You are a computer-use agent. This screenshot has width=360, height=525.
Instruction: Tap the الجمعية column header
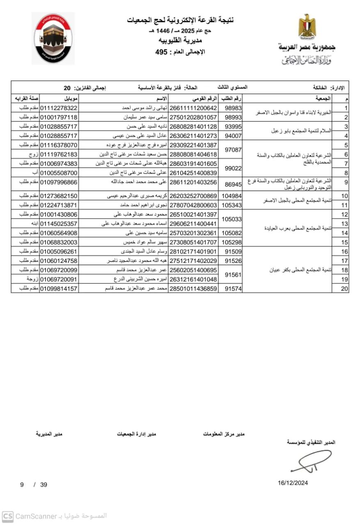click(x=323, y=99)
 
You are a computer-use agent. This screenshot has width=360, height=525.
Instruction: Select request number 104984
click(x=232, y=196)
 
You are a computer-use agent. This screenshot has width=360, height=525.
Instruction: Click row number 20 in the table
click(x=344, y=289)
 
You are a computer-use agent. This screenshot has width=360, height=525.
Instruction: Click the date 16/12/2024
click(x=293, y=483)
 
